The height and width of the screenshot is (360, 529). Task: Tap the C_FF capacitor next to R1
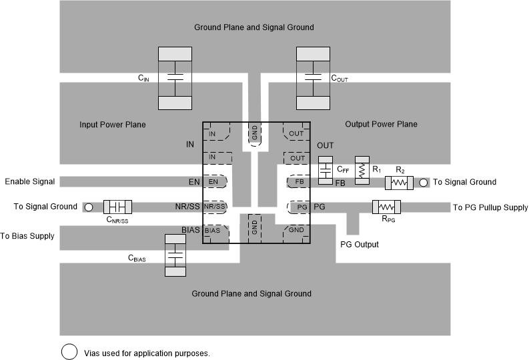[x=326, y=170]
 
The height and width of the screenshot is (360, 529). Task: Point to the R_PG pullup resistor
[x=386, y=207]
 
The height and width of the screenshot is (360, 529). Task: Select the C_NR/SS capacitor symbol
[x=117, y=207]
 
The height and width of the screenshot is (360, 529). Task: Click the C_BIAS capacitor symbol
[x=174, y=255]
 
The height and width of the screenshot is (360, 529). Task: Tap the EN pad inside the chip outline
[x=215, y=181]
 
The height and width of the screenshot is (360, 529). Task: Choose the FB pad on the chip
[x=298, y=181]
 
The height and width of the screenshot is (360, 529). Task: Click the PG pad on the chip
[x=300, y=207]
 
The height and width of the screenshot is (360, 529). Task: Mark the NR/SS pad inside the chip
[x=215, y=207]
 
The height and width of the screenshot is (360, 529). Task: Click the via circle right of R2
[x=423, y=182]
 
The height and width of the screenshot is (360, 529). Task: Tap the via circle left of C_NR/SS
[x=88, y=207]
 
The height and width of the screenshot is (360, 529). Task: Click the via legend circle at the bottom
[x=69, y=352]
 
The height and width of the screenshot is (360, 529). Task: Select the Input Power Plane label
[x=112, y=125]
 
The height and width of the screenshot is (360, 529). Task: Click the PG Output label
[x=359, y=245]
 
